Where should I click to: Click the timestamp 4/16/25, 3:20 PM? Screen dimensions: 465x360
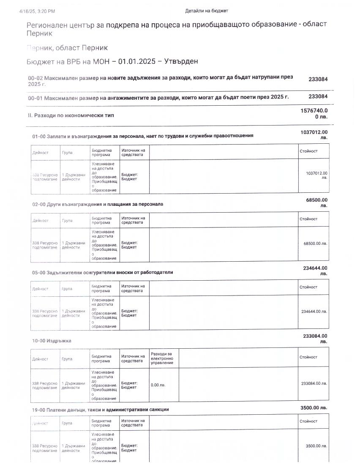pos(37,11)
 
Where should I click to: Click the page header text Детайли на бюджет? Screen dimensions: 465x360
pos(206,11)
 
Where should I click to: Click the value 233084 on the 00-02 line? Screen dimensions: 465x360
pos(318,79)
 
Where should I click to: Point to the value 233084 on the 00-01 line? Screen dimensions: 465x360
pos(318,97)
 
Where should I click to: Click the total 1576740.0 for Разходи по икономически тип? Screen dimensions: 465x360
pos(314,111)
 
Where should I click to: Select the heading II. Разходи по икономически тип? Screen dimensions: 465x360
pos(71,115)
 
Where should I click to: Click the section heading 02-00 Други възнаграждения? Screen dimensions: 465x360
pos(98,204)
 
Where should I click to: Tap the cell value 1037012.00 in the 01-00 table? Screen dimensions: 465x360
pos(316,173)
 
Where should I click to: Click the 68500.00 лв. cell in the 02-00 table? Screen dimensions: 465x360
pos(315,243)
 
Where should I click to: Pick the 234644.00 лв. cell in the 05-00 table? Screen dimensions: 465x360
pos(314,312)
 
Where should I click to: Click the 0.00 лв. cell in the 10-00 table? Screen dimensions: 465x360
pos(158,385)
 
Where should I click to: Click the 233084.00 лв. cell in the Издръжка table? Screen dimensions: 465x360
pos(314,383)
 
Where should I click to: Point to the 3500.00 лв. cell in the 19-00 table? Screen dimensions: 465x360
pos(316,446)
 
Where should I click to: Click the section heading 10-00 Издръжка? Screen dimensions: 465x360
pos(52,341)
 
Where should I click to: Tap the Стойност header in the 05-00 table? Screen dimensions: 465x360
pos(308,287)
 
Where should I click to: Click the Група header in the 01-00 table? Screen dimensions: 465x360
pos(67,153)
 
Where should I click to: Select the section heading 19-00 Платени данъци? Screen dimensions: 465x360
pos(101,410)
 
